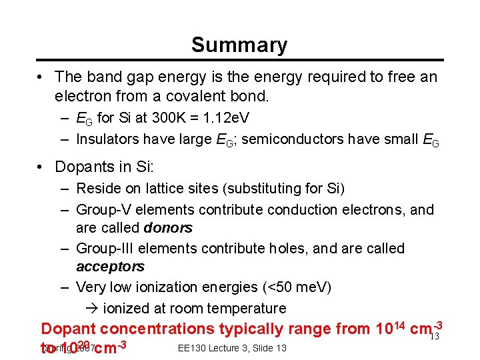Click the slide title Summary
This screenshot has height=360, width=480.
[x=239, y=45]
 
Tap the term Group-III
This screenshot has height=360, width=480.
[x=105, y=248]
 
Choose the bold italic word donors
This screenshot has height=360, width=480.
[x=168, y=228]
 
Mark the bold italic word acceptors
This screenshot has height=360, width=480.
[x=110, y=267]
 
